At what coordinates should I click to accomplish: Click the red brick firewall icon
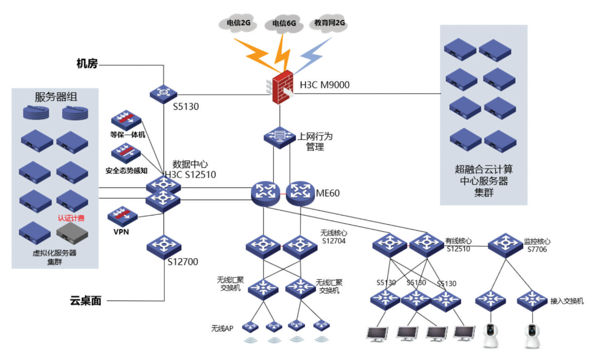click(x=281, y=88)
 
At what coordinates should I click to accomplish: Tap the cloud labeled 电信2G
click(x=238, y=23)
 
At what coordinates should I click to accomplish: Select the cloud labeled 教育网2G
click(x=329, y=23)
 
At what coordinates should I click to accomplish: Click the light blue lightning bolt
click(x=312, y=55)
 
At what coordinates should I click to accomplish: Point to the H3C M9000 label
click(x=325, y=85)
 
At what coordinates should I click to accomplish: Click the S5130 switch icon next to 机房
click(x=164, y=94)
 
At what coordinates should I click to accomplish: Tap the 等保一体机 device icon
click(x=126, y=120)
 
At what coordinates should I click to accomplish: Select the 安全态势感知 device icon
click(x=126, y=153)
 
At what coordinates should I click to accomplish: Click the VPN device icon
click(x=123, y=216)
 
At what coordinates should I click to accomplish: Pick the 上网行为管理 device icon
click(x=279, y=138)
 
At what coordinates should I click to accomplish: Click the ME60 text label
click(x=328, y=193)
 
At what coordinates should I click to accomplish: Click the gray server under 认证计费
click(x=72, y=233)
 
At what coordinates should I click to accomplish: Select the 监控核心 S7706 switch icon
click(x=505, y=245)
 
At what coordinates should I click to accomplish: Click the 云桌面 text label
click(x=86, y=301)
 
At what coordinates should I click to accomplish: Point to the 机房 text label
click(x=87, y=63)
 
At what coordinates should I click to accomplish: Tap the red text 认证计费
click(x=71, y=218)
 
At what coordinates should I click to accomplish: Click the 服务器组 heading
click(x=56, y=97)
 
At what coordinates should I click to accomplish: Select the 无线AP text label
click(x=222, y=328)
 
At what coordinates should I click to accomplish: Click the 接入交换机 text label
click(x=567, y=301)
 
